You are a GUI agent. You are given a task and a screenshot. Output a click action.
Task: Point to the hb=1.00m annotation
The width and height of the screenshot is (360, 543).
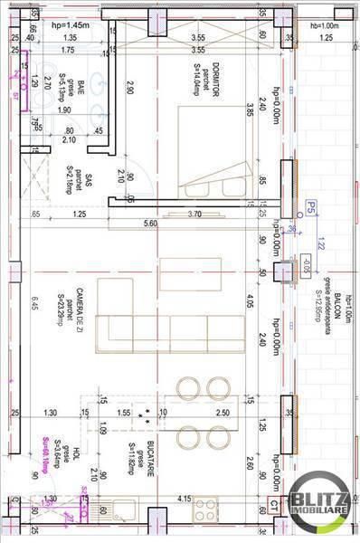coord(323,24)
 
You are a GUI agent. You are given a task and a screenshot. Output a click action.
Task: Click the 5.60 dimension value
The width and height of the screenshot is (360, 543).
coord(150,224)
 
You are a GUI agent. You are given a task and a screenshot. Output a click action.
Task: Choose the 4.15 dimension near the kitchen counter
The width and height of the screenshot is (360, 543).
coord(184,498)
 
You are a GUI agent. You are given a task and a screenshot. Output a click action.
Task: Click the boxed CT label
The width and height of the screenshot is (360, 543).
coord(271,510)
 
